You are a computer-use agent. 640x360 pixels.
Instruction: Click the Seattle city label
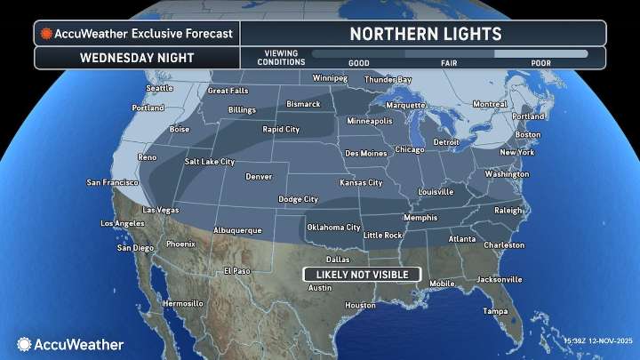tap(159, 88)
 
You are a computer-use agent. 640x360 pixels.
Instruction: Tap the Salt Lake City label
tap(209, 162)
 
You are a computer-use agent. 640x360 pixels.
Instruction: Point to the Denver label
tap(258, 176)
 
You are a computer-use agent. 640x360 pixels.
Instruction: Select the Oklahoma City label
tap(333, 227)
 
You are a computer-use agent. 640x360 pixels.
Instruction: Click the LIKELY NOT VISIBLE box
tap(356, 273)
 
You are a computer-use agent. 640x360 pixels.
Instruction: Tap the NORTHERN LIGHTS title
tap(425, 34)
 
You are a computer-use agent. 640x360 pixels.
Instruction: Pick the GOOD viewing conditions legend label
tap(358, 64)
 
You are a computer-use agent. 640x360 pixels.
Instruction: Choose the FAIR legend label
tap(450, 64)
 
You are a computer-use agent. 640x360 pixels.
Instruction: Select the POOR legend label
tap(540, 64)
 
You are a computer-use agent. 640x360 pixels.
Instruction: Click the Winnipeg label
tap(329, 77)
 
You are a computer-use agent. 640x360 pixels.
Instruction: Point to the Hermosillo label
tap(183, 303)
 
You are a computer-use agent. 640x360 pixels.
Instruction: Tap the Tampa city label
tap(495, 311)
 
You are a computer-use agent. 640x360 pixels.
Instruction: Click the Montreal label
tap(490, 104)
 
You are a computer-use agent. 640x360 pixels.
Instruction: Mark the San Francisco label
tap(111, 182)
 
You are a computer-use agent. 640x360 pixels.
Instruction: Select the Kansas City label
tap(361, 182)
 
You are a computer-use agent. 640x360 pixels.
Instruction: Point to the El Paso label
tap(237, 270)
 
